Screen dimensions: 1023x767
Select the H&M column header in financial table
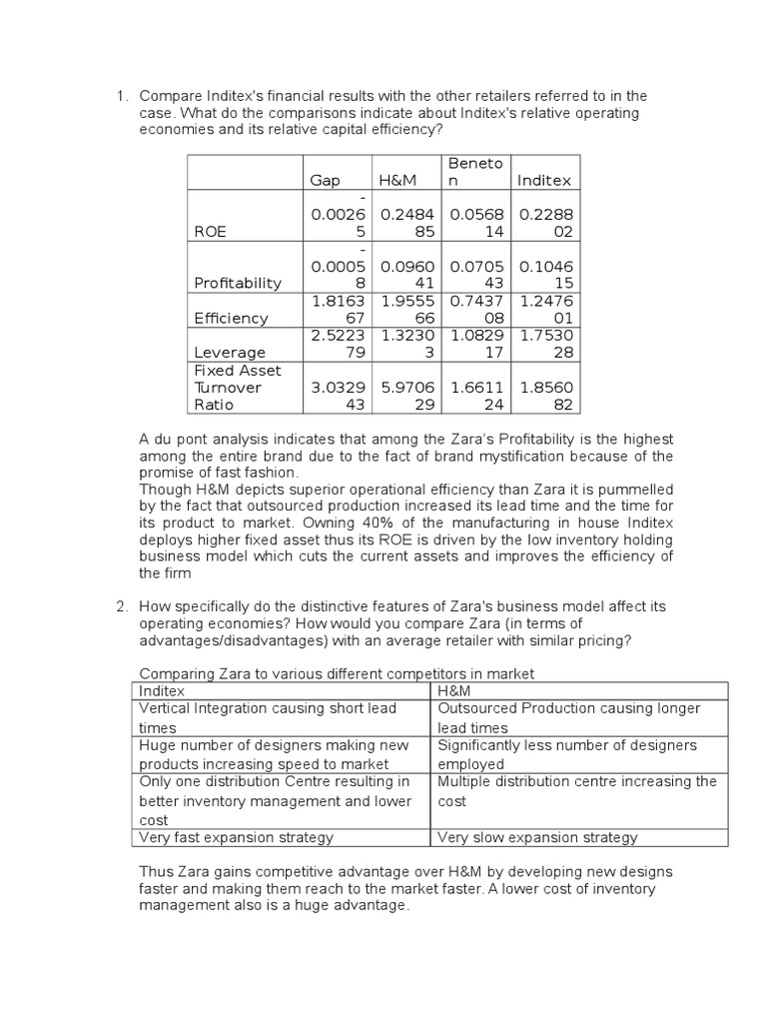pos(393,181)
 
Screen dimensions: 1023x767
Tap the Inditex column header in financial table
pos(544,181)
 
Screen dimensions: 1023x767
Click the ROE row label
pos(211,231)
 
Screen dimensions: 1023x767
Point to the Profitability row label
pos(238,283)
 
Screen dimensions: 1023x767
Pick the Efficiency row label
pos(231,318)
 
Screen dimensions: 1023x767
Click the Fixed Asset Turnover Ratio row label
pos(228,388)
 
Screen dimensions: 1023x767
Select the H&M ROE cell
pos(408,222)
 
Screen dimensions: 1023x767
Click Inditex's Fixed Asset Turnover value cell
pos(544,397)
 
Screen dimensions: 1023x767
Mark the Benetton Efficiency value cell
pos(476,309)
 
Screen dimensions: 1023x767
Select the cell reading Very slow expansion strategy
pos(537,837)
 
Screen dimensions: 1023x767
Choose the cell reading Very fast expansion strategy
pos(237,837)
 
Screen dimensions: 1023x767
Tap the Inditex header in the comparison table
pos(162,690)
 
